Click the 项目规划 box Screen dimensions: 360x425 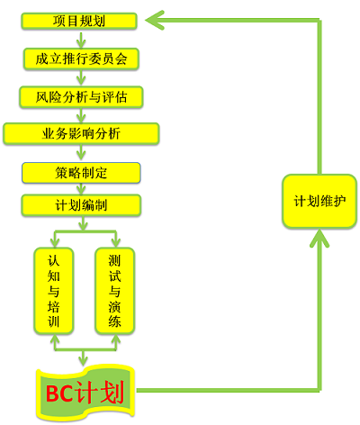pos(79,21)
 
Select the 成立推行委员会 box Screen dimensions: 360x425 pos(81,59)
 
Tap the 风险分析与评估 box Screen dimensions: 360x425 pos(81,97)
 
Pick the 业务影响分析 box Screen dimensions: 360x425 pos(81,134)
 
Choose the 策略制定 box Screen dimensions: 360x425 pos(81,173)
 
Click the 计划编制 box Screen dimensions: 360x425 pos(81,205)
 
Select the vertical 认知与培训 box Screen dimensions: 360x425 pos(53,291)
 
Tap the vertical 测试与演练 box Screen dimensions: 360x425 pos(114,291)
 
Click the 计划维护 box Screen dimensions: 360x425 pos(319,201)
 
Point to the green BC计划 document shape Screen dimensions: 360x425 pos(85,393)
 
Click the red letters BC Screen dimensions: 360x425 pos(59,393)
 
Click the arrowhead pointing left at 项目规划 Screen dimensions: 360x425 pos(155,21)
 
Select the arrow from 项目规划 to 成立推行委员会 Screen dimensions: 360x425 pos(81,39)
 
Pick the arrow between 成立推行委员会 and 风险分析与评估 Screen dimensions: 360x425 pos(81,78)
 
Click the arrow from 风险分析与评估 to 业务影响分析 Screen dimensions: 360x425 pos(81,115)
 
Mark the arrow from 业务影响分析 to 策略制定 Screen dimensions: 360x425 pos(81,153)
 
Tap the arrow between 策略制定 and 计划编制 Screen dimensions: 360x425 pos(81,189)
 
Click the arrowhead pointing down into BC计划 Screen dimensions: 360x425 pos(83,360)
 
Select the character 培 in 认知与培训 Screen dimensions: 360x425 pos(53,306)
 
